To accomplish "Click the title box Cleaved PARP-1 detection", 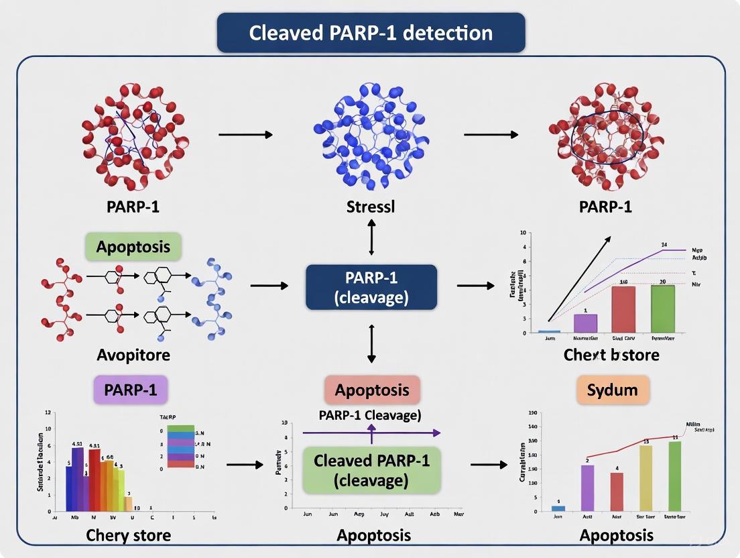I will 371,33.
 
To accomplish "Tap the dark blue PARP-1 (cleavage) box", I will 371,287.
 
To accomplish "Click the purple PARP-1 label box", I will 131,389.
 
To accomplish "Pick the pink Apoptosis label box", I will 372,390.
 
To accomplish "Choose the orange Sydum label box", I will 613,390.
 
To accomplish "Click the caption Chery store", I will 128,535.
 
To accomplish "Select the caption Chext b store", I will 611,354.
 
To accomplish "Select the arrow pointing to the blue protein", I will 245,135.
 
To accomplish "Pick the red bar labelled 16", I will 623,309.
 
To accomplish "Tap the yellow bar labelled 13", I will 645,478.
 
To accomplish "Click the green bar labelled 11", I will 674,476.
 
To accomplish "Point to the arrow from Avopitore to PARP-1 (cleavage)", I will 269,286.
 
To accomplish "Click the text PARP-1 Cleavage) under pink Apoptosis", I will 371,415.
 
